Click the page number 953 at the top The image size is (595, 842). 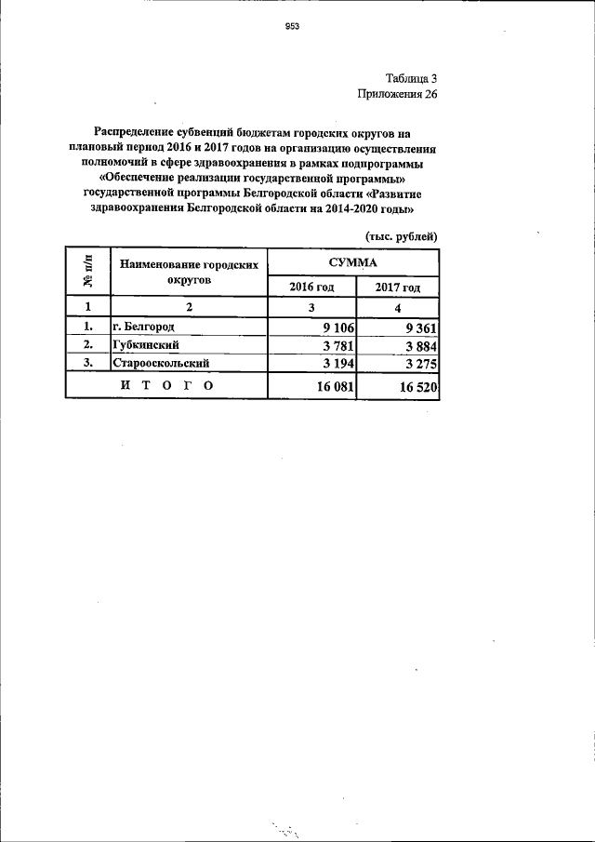(x=291, y=27)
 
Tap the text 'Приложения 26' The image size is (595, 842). (x=397, y=94)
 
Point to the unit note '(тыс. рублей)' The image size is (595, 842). (x=401, y=236)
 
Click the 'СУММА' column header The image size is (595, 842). (x=352, y=261)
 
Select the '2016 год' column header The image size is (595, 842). (x=311, y=287)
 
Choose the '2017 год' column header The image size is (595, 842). (x=398, y=287)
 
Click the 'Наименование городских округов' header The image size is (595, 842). (x=189, y=272)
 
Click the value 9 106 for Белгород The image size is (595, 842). (x=338, y=327)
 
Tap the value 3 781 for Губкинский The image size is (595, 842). (x=338, y=345)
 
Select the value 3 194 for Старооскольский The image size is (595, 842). (x=338, y=363)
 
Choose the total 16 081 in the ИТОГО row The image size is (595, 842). (x=335, y=386)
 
